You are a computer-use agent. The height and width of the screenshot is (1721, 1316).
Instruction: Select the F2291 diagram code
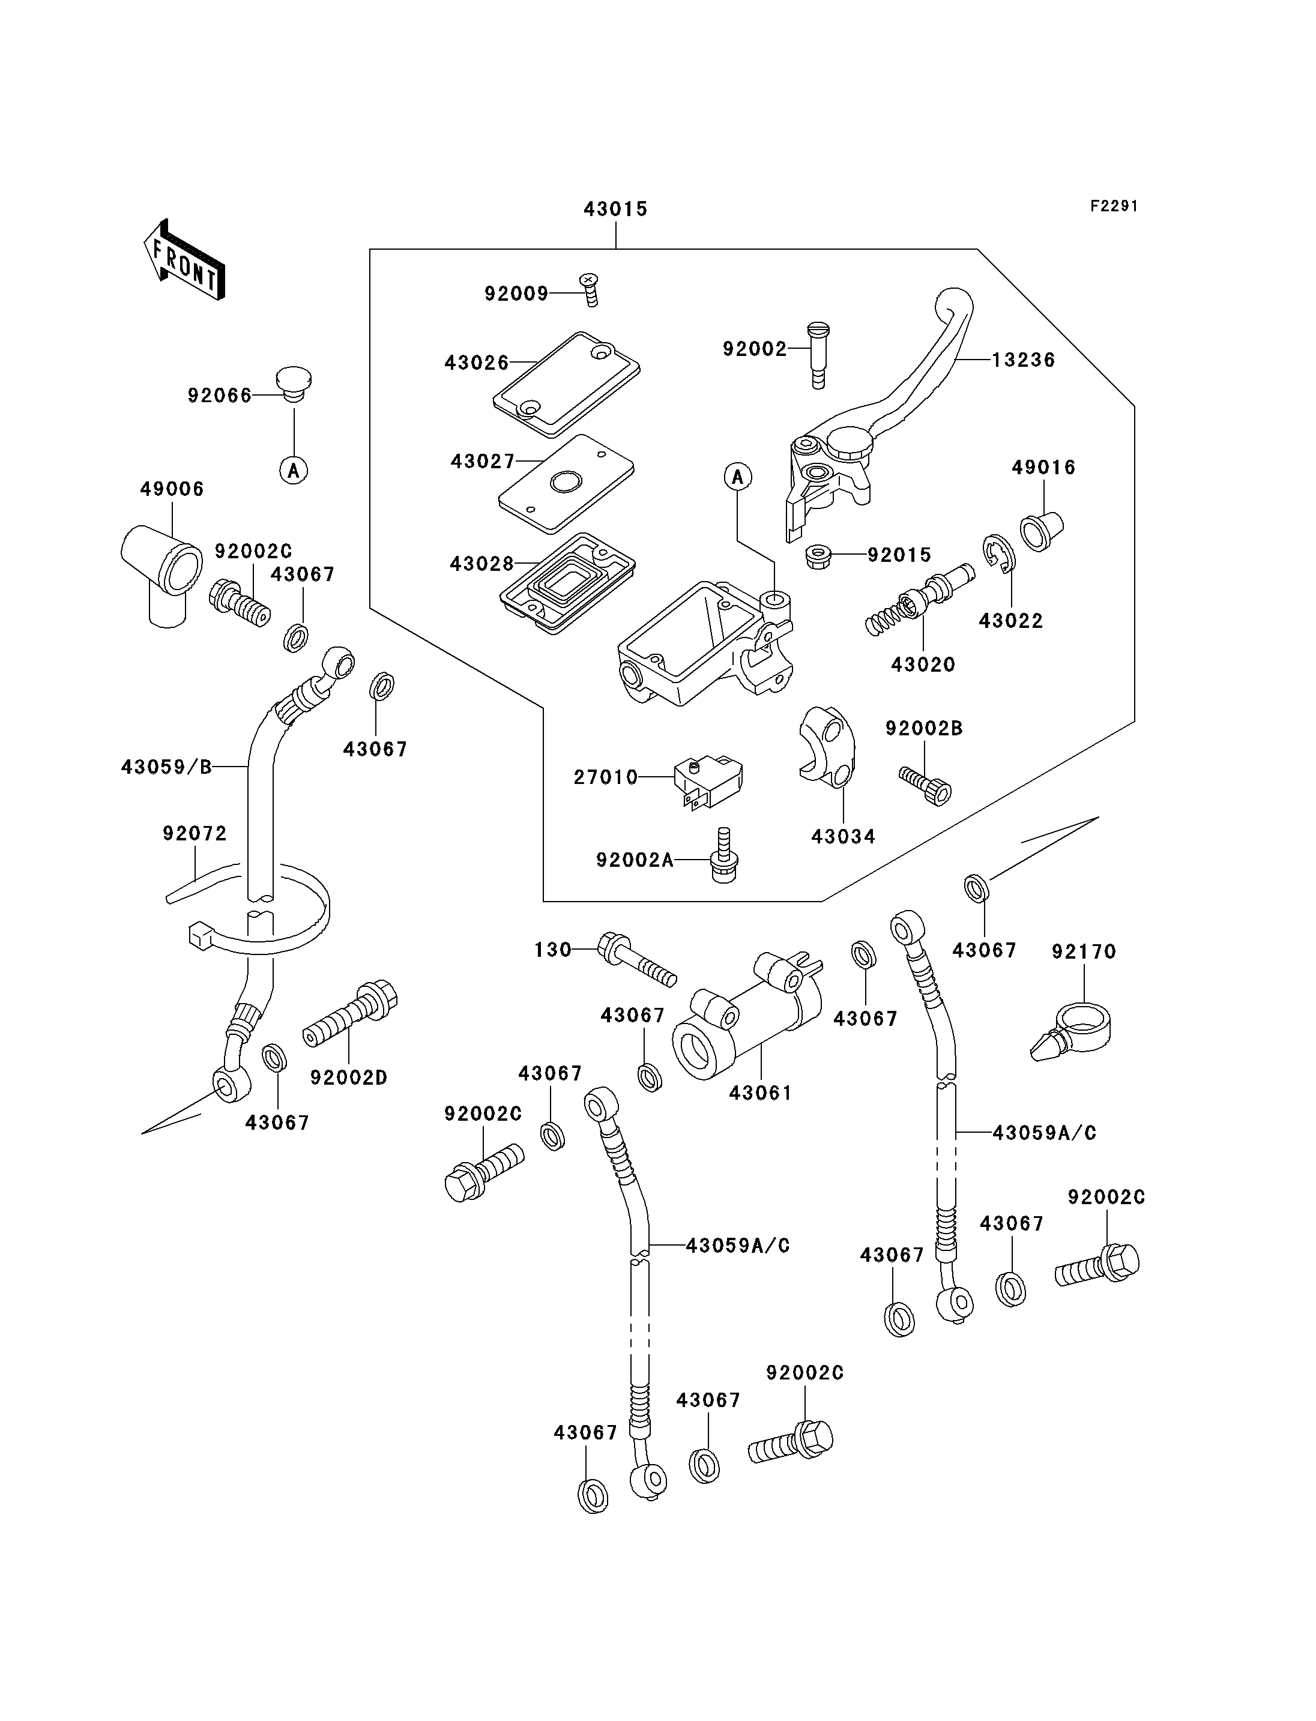[x=1114, y=206]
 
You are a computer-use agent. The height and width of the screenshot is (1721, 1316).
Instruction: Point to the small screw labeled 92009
[x=589, y=289]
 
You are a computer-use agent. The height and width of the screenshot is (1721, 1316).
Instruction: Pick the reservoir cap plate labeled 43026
[x=566, y=384]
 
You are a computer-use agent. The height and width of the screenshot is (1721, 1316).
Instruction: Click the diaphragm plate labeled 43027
[x=566, y=483]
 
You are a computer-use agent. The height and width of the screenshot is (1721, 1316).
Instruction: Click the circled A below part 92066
[x=294, y=470]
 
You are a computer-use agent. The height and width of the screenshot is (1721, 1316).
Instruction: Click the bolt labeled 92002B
[x=925, y=786]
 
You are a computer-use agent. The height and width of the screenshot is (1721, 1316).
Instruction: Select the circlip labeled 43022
[x=999, y=555]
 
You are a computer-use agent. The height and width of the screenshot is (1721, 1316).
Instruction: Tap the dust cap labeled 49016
[x=1041, y=530]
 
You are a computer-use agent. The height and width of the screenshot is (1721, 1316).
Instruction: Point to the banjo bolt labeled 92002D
[x=350, y=1014]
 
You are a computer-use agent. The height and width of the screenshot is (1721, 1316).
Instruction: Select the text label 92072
[x=195, y=833]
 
